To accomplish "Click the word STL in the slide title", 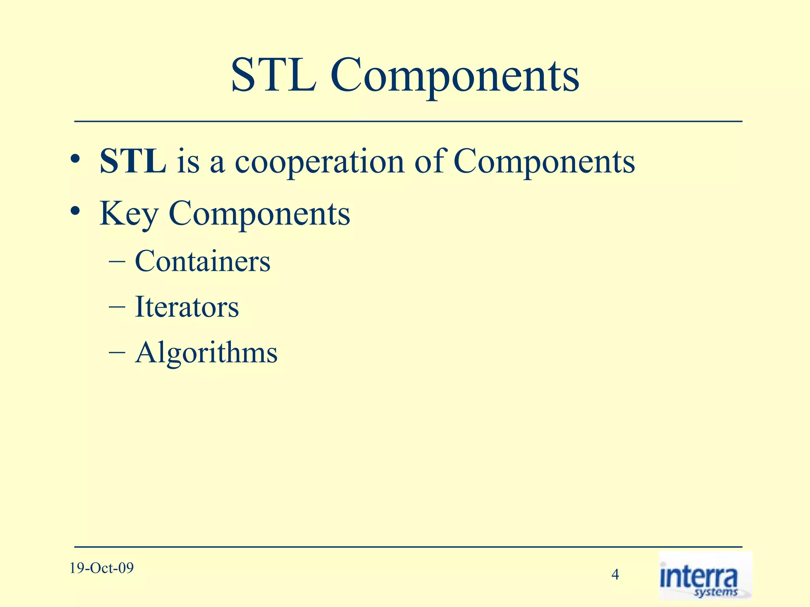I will click(273, 75).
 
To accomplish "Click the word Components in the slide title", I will click(455, 77).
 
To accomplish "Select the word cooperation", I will click(320, 163).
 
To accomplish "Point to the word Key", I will click(129, 214).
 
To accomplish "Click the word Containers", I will click(202, 261).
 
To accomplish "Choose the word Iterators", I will click(187, 307).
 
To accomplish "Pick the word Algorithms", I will click(206, 353).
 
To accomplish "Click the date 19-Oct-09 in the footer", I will click(102, 568).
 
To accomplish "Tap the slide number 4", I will click(615, 574).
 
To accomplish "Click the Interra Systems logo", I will click(705, 576).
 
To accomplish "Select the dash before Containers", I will click(117, 262).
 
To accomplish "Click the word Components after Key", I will click(259, 214).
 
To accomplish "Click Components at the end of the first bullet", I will click(544, 162).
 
